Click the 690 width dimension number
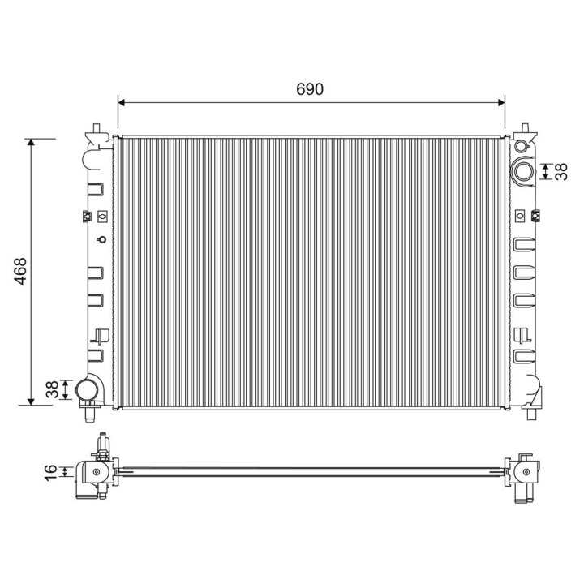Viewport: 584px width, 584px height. pyautogui.click(x=310, y=89)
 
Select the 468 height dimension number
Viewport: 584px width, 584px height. pyautogui.click(x=20, y=272)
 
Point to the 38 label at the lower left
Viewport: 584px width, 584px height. pyautogui.click(x=51, y=389)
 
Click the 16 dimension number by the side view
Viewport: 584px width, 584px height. pyautogui.click(x=51, y=470)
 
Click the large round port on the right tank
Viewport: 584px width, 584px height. pyautogui.click(x=522, y=170)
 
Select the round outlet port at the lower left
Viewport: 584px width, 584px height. pyautogui.click(x=85, y=390)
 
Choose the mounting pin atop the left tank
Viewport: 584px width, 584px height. pyautogui.click(x=97, y=129)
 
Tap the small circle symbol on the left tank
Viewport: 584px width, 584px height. pyautogui.click(x=101, y=240)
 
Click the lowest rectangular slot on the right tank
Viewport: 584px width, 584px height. pyautogui.click(x=522, y=356)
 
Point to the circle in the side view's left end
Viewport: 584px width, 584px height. pyautogui.click(x=97, y=473)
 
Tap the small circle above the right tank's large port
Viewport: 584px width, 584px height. pyautogui.click(x=520, y=147)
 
